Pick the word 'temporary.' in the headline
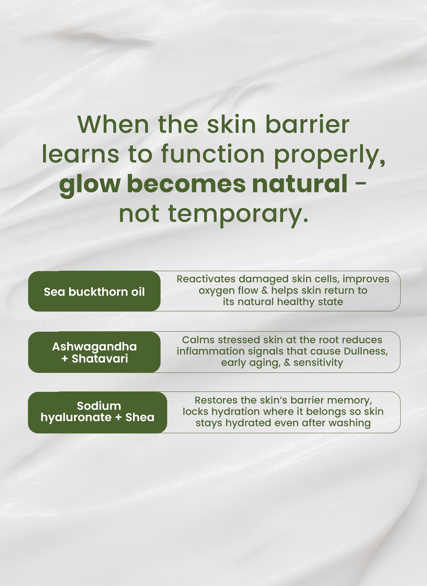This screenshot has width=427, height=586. (x=238, y=214)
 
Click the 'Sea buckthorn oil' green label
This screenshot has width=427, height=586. (x=94, y=292)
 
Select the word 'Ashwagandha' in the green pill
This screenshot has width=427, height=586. (x=94, y=346)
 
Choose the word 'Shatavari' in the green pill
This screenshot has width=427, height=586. (x=100, y=358)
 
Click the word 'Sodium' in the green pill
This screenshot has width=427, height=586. (x=99, y=406)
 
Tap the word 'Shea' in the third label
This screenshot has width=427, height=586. (x=140, y=417)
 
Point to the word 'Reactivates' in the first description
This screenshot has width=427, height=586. (x=206, y=279)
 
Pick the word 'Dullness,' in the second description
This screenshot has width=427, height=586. (x=366, y=351)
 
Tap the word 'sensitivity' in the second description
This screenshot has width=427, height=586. (x=318, y=363)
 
